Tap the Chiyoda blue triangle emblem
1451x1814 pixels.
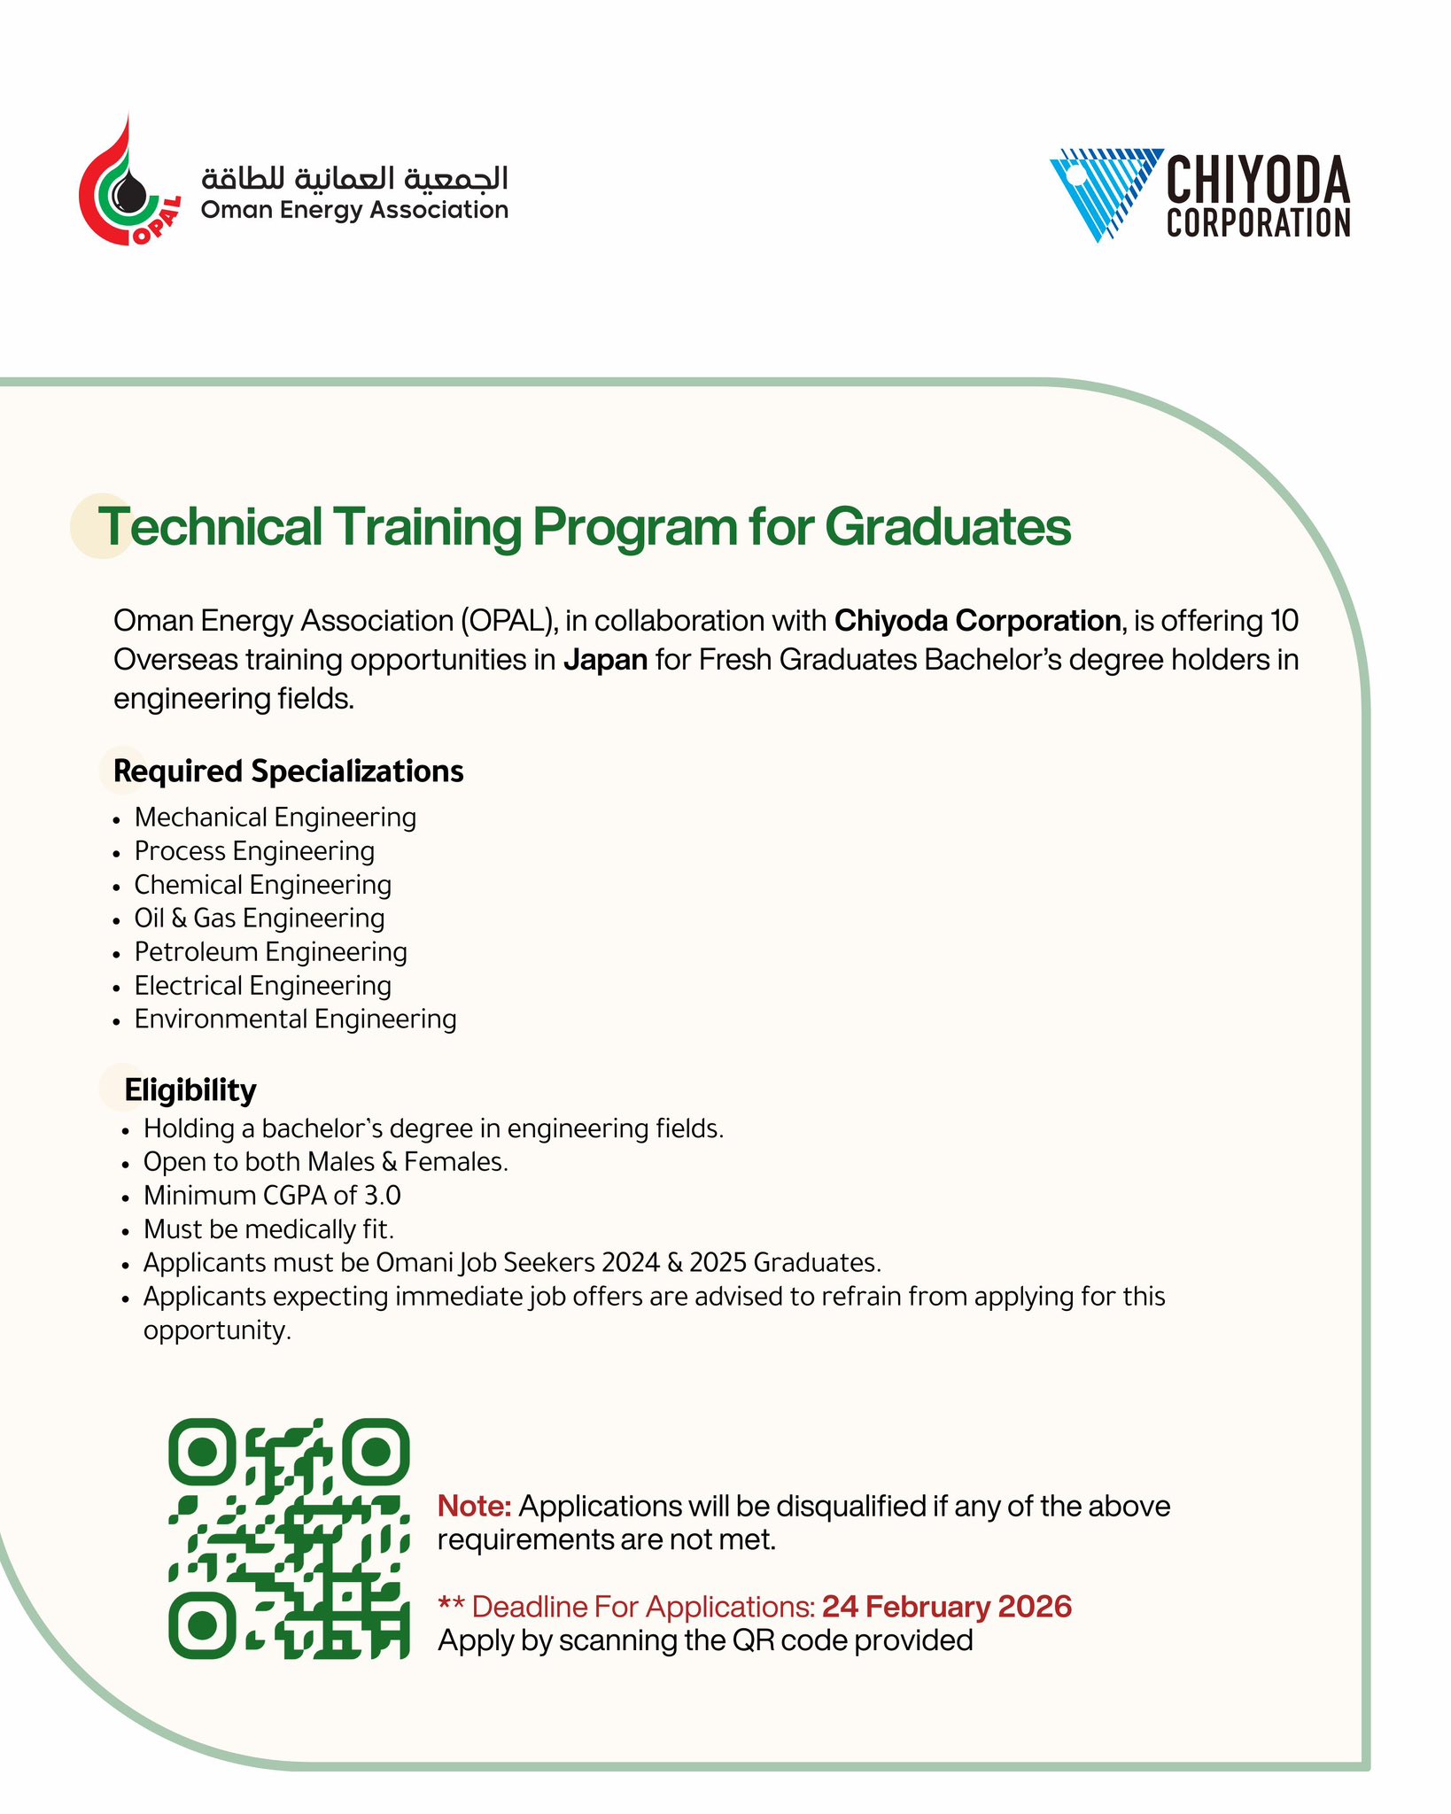click(1104, 191)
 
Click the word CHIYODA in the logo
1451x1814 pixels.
click(1258, 179)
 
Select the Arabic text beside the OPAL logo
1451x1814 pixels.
click(354, 177)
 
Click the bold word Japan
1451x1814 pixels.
click(605, 660)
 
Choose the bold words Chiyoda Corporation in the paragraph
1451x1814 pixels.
click(977, 620)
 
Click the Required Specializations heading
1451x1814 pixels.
click(288, 771)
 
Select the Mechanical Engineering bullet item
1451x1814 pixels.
click(275, 817)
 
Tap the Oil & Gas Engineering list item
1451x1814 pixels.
click(259, 918)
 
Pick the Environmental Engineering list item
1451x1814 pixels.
click(295, 1019)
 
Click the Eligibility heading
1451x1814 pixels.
click(190, 1089)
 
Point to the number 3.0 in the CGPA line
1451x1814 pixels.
click(382, 1195)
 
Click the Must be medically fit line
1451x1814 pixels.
click(268, 1229)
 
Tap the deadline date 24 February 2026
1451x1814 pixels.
click(946, 1606)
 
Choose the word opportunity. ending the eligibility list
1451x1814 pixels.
click(217, 1329)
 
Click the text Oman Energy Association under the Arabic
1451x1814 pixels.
click(354, 210)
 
